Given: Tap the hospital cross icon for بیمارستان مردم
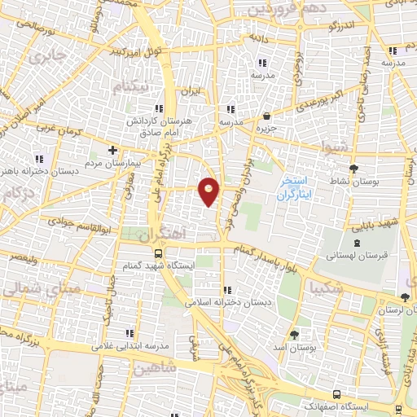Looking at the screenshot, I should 112,150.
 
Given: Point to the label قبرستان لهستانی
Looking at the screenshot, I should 356,256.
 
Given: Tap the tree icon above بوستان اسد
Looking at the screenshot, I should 294,335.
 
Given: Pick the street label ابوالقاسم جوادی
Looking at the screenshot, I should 74,221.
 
